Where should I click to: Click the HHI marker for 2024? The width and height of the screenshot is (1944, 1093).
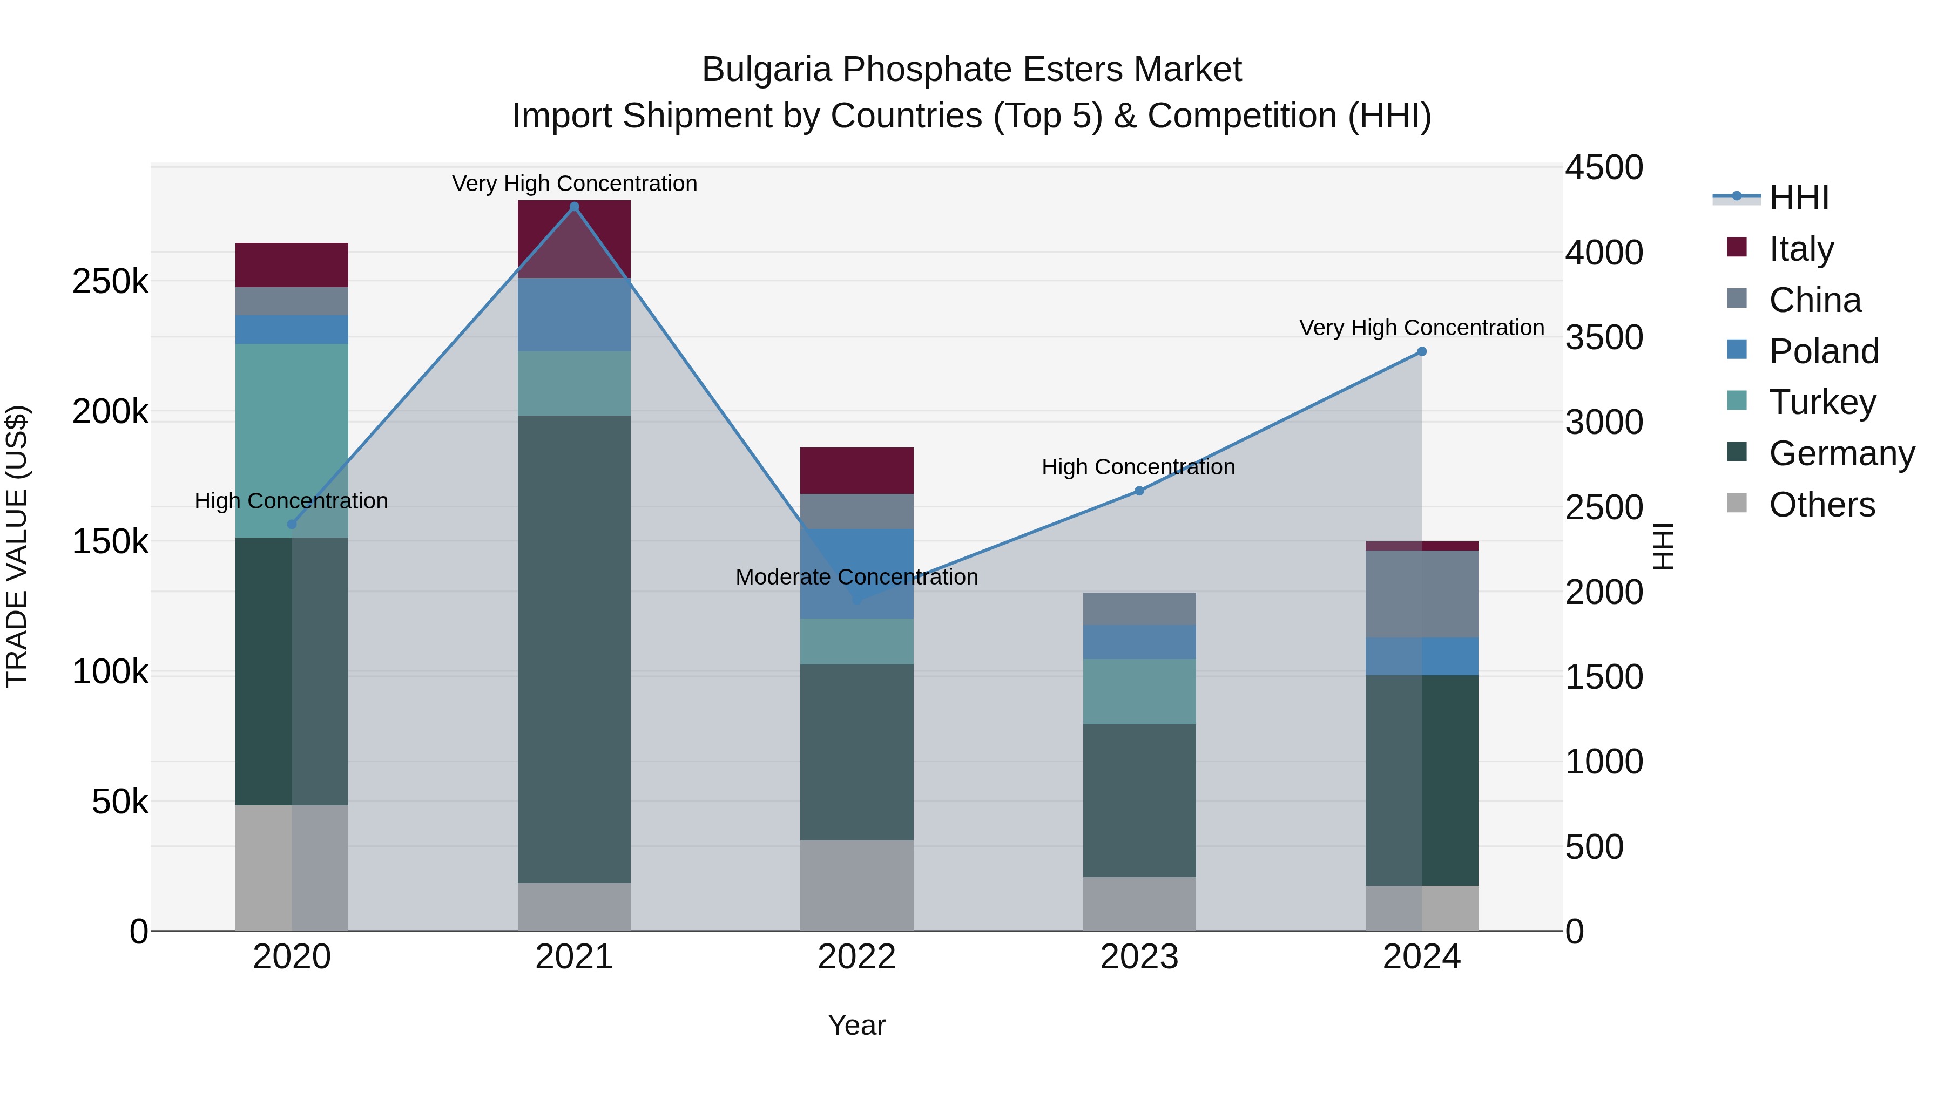click(x=1422, y=351)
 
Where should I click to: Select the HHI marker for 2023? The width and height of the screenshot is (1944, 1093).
click(x=1139, y=491)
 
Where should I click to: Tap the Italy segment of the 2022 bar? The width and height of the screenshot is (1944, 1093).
click(x=856, y=471)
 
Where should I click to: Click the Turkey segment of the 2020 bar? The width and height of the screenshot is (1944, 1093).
click(x=292, y=440)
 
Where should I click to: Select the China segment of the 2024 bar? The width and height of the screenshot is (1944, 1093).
click(x=1422, y=594)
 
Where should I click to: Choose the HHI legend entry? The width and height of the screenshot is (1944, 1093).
click(x=1798, y=198)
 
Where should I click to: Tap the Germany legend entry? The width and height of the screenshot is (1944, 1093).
click(x=1841, y=453)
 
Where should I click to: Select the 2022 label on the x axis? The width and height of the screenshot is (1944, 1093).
click(x=856, y=956)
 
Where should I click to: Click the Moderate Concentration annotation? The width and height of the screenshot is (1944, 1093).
click(x=856, y=577)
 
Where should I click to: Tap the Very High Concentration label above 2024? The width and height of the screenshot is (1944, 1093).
click(x=1422, y=328)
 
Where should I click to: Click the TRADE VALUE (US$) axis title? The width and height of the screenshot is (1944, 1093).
click(x=17, y=546)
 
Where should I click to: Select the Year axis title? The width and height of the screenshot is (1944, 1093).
click(x=856, y=1025)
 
